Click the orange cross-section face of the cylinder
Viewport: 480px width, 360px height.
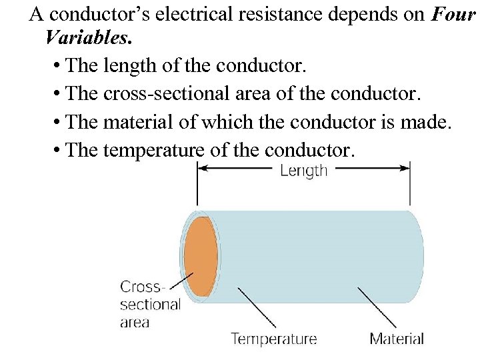[200, 257]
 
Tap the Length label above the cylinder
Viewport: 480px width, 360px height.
[303, 170]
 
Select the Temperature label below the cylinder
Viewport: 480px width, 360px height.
[273, 339]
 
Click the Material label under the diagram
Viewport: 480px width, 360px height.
[397, 339]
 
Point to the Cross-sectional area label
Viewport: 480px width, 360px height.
[149, 305]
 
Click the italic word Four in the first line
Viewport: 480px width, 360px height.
[453, 15]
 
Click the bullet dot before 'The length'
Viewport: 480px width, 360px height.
[56, 67]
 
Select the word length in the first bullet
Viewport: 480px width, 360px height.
[125, 67]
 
